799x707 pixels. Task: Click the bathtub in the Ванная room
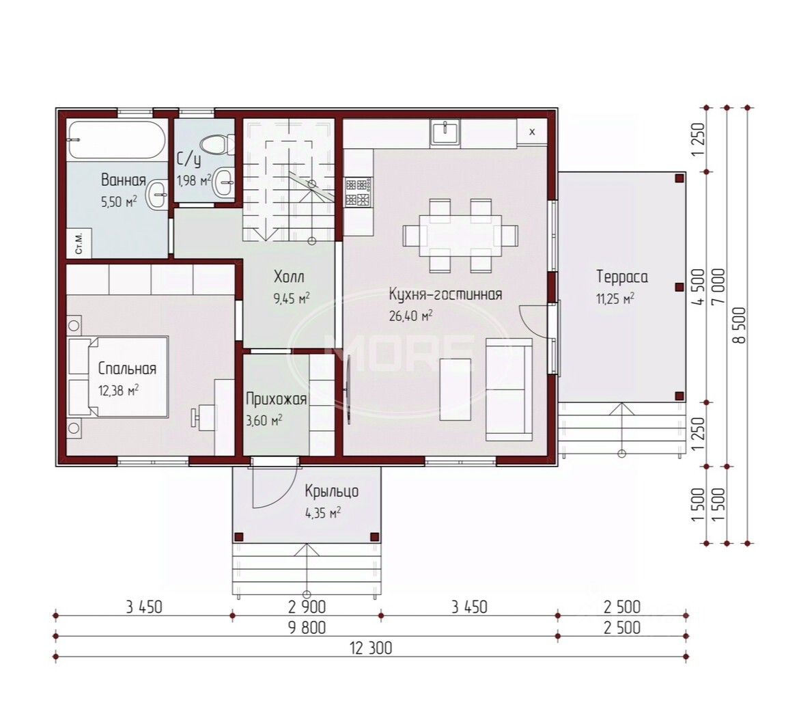(117, 139)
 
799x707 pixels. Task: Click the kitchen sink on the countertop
(445, 131)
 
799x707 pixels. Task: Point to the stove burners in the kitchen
(359, 192)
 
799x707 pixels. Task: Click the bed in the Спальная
(117, 376)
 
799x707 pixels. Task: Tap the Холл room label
(289, 277)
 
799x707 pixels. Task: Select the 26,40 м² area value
(410, 316)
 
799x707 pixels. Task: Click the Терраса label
(622, 277)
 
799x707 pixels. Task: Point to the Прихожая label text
(276, 399)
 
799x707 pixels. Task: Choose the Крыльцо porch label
(332, 491)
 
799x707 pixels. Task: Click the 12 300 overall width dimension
(371, 648)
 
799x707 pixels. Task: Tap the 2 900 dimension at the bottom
(307, 607)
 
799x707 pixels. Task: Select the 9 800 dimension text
(307, 628)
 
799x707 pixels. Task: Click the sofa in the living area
(509, 389)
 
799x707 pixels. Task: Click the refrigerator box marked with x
(532, 132)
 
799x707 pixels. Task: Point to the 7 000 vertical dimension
(719, 287)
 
